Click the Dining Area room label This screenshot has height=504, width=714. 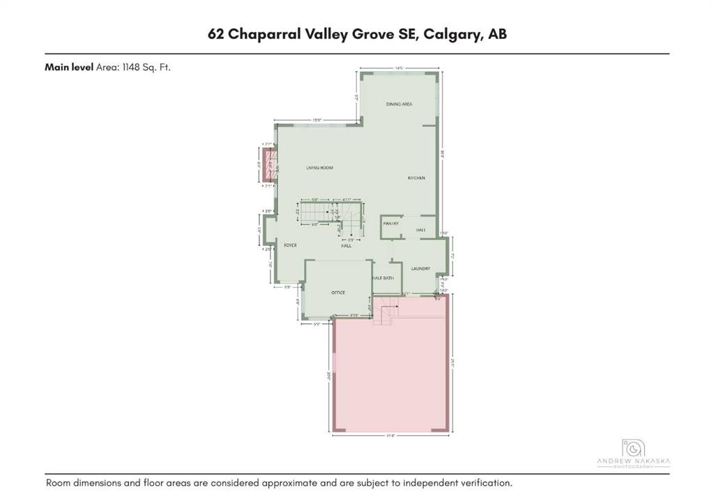pos(400,104)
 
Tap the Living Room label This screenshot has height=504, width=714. pos(320,168)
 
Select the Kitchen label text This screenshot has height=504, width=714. pos(416,178)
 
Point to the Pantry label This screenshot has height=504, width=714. pos(390,224)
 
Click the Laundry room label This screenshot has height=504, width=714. pos(420,268)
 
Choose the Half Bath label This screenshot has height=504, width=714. pos(383,278)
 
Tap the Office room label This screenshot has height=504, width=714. pos(338,293)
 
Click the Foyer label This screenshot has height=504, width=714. pos(290,245)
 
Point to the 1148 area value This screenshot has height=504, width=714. pos(131,68)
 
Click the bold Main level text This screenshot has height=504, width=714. pos(68,68)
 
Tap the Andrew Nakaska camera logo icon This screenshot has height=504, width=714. pos(633,449)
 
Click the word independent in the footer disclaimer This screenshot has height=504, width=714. pos(431,483)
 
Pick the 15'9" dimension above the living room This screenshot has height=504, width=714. pos(317,121)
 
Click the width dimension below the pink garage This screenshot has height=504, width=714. pos(390,436)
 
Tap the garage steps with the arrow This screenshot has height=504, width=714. pos(385,310)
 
